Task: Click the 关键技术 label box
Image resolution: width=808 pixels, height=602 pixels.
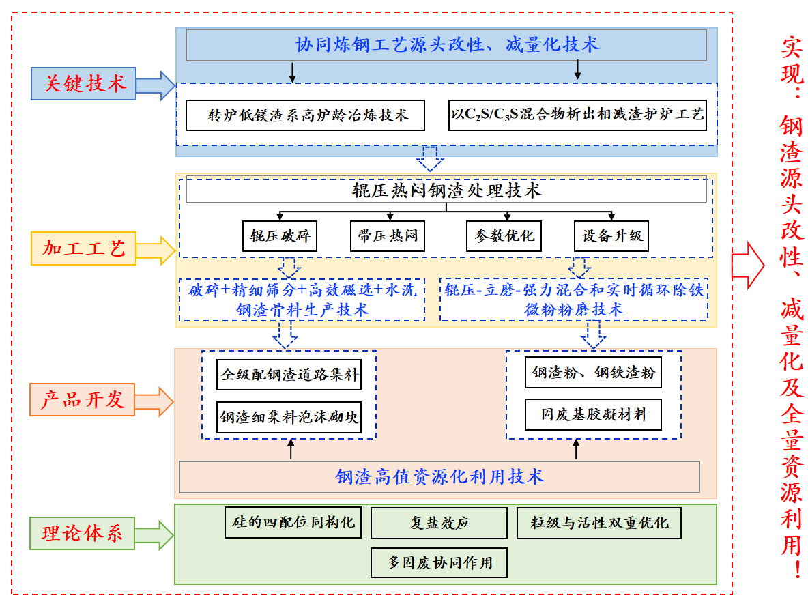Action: pyautogui.click(x=84, y=84)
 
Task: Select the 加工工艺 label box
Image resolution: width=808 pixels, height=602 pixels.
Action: pyautogui.click(x=84, y=249)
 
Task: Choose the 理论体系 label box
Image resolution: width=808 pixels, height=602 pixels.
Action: pyautogui.click(x=83, y=533)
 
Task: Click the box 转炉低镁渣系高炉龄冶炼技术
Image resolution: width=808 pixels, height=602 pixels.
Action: pyautogui.click(x=305, y=115)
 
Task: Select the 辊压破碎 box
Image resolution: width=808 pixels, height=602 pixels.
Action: pyautogui.click(x=280, y=237)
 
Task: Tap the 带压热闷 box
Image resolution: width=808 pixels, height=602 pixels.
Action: pyautogui.click(x=388, y=237)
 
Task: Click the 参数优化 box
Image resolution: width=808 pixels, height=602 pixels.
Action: pyautogui.click(x=504, y=237)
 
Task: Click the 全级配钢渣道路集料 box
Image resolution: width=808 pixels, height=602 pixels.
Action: pyautogui.click(x=289, y=375)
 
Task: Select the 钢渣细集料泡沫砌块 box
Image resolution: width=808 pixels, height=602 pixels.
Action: pyautogui.click(x=289, y=416)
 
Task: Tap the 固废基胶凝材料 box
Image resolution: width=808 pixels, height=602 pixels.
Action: pyautogui.click(x=593, y=414)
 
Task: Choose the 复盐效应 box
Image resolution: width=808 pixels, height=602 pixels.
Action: pyautogui.click(x=439, y=524)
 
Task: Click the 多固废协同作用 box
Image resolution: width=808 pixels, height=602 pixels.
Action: pyautogui.click(x=439, y=563)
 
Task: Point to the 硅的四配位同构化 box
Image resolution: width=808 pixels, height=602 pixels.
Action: pyautogui.click(x=293, y=522)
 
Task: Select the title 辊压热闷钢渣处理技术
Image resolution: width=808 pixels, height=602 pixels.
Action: pyautogui.click(x=446, y=190)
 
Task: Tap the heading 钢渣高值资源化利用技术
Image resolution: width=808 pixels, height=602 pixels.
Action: pyautogui.click(x=439, y=476)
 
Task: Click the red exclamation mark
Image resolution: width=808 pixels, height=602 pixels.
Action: pyautogui.click(x=792, y=569)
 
